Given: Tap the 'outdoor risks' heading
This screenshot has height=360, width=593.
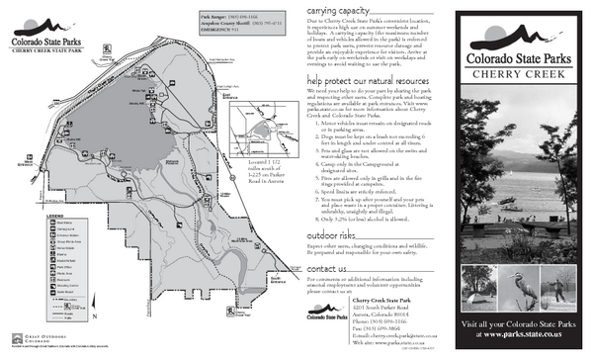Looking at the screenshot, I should coord(332,237).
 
